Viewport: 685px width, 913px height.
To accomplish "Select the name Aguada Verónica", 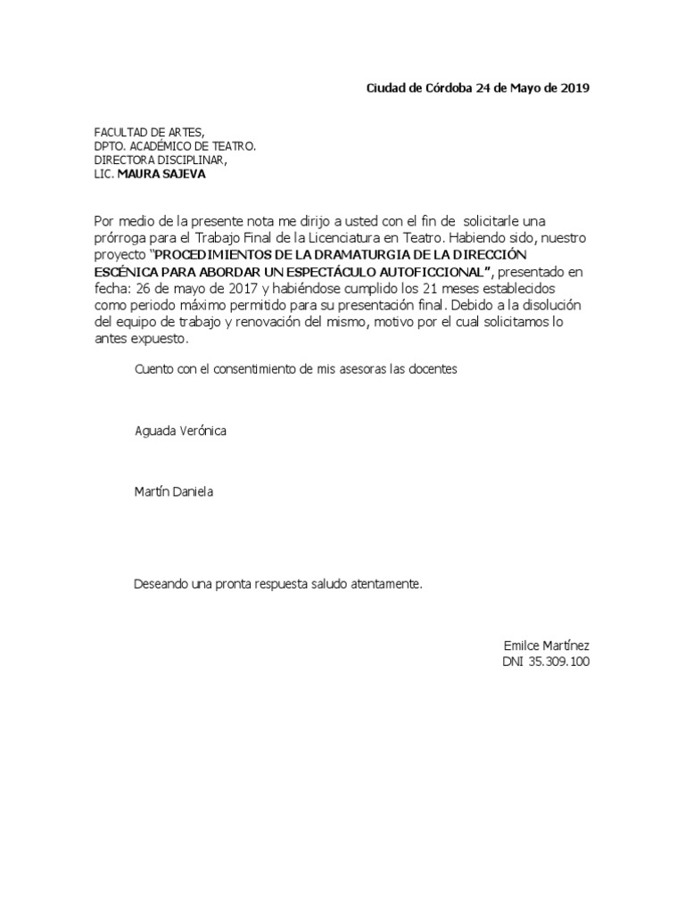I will pos(180,431).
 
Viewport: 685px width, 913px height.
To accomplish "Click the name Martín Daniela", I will pos(173,491).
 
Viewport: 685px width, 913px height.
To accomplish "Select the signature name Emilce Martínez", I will pos(547,646).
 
